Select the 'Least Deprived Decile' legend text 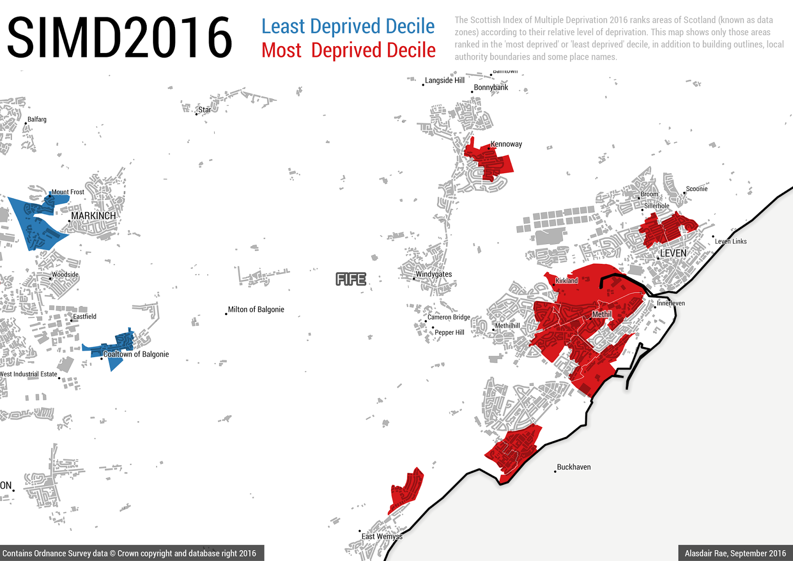(x=348, y=26)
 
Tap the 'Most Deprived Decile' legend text (x=348, y=51)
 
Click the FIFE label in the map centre (x=351, y=279)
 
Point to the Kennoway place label (x=506, y=144)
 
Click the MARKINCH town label (x=93, y=216)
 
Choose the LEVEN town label (x=673, y=253)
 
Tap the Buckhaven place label (x=573, y=467)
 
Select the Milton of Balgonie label (x=256, y=310)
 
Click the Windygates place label (x=434, y=274)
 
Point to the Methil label (x=602, y=314)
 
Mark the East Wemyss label (x=382, y=536)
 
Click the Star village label (x=204, y=110)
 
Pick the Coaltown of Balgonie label (x=136, y=354)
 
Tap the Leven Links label (x=731, y=242)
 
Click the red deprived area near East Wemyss (x=406, y=489)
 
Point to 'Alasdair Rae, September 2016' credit (x=735, y=553)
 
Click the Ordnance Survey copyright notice (x=129, y=553)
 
